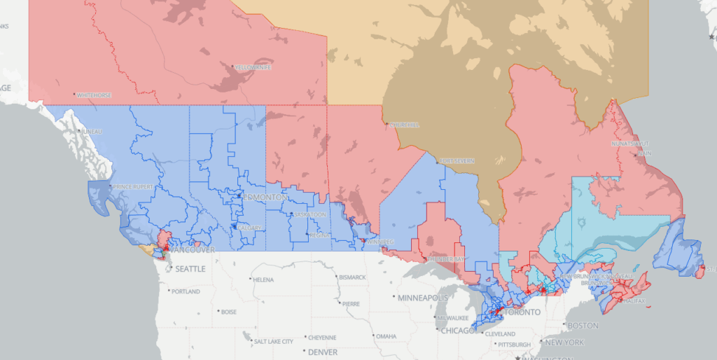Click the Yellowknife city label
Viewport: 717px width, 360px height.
[253, 67]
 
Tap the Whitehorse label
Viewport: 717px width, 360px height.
[94, 95]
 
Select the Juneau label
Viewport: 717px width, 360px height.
[92, 132]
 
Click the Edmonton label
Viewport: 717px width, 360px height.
[265, 198]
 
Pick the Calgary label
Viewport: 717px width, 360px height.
[250, 228]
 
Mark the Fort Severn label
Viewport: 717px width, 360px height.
[457, 161]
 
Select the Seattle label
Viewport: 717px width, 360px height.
[190, 269]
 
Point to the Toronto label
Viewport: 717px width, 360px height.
[521, 312]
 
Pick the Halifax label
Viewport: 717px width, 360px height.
[634, 301]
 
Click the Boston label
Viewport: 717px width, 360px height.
[583, 326]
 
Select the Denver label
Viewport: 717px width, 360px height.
[322, 352]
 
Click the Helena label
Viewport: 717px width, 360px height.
[263, 280]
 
